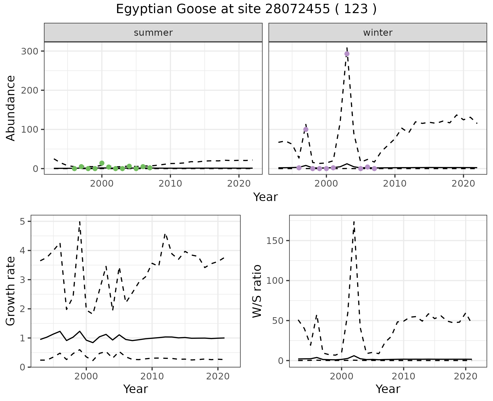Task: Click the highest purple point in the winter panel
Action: (347, 54)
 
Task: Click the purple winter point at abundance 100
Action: (306, 129)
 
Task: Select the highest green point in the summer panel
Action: (102, 163)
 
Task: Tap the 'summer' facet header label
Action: (153, 33)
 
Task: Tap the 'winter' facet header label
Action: (378, 33)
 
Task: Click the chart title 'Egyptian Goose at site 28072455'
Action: (246, 9)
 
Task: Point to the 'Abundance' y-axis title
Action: (11, 108)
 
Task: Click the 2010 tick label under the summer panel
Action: (170, 184)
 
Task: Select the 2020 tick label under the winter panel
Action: (463, 184)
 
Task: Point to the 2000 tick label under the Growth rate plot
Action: (86, 377)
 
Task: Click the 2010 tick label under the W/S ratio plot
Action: (404, 377)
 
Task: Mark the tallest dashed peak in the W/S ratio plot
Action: (354, 222)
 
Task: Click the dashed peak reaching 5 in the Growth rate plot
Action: (80, 222)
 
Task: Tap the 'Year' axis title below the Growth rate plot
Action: (136, 389)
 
